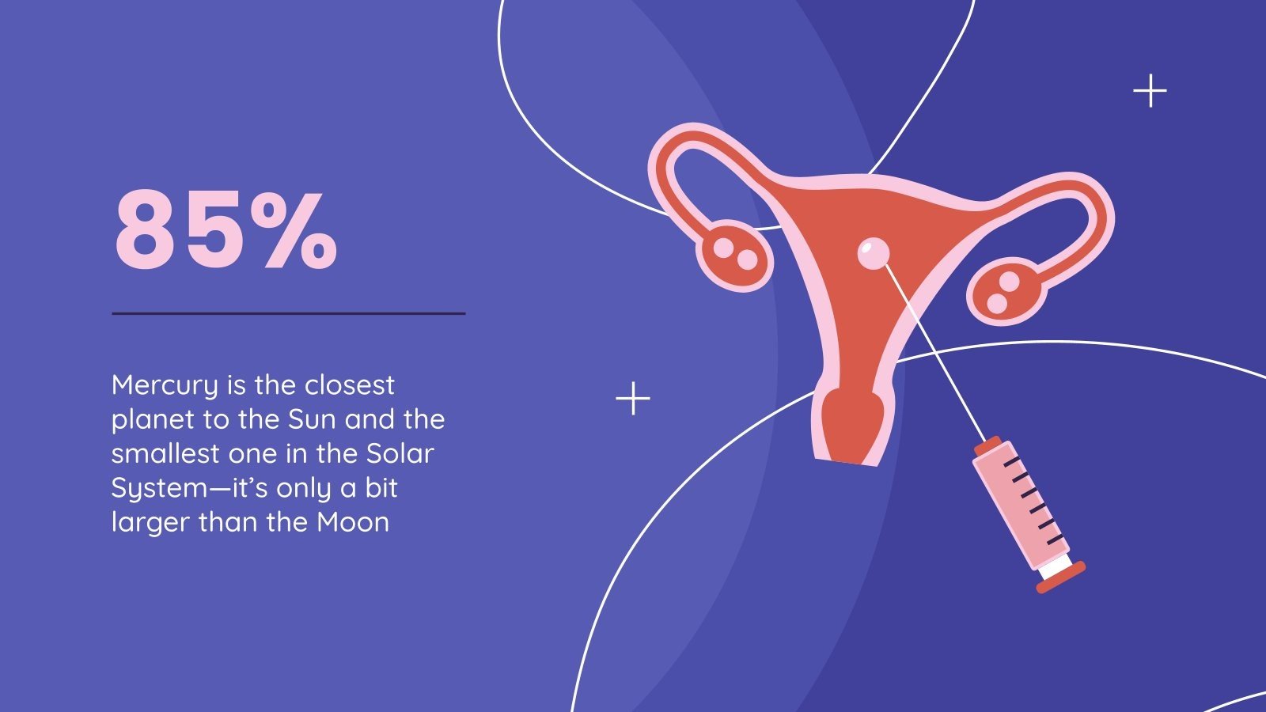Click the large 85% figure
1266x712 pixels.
coord(226,230)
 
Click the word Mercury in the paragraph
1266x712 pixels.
coord(164,386)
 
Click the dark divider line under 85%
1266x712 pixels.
coord(288,313)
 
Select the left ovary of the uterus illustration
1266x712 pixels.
coord(735,254)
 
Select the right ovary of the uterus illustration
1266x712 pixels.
coord(1004,290)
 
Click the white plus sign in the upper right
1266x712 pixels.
coord(1150,91)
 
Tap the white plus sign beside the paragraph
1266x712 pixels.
coord(633,398)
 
